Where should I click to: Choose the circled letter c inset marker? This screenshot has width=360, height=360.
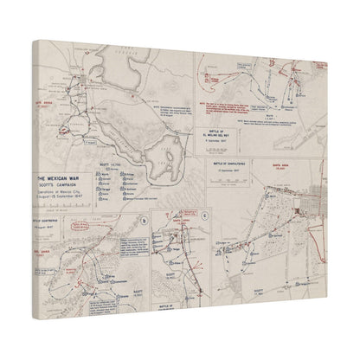(204, 216)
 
